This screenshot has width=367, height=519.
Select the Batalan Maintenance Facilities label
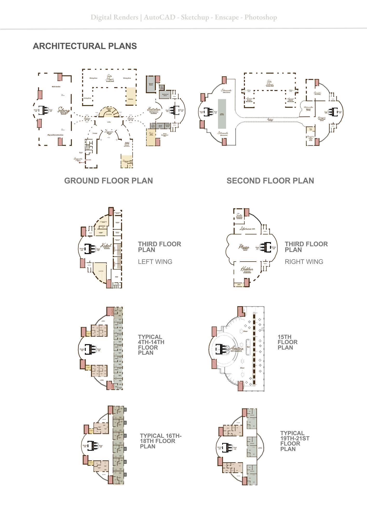154,110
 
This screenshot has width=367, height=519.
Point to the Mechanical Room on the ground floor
165,95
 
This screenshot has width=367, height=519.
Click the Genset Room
151,84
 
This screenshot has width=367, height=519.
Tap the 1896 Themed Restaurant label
127,144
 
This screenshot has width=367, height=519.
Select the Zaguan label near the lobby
109,132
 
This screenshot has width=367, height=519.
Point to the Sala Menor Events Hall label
270,83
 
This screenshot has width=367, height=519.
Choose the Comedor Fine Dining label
317,93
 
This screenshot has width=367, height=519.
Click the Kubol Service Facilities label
106,246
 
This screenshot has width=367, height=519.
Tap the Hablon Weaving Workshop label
247,270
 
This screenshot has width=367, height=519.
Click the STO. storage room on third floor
239,284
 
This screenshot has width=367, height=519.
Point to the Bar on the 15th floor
248,347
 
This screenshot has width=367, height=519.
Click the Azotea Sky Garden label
236,349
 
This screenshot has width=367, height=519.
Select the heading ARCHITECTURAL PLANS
85,46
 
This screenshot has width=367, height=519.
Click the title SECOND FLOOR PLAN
270,181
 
